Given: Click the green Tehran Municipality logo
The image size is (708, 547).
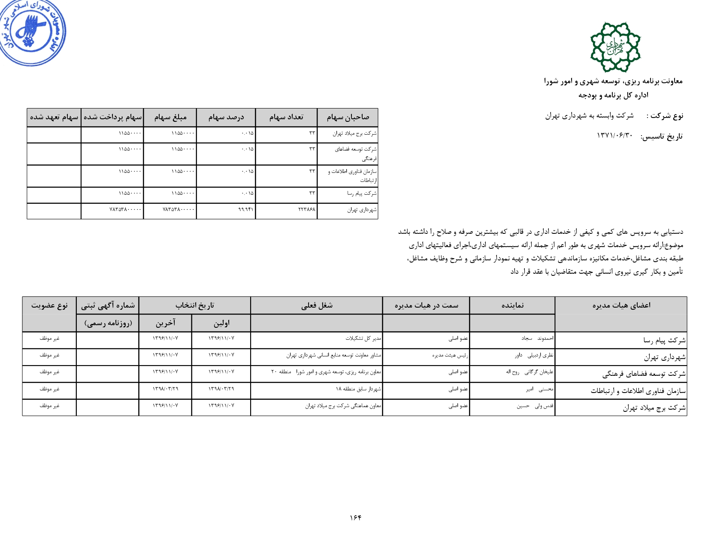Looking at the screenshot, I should click(x=615, y=47).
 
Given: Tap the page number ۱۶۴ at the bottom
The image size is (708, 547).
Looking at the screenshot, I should click(x=355, y=517).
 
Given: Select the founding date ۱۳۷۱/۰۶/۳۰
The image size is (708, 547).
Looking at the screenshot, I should click(x=614, y=136).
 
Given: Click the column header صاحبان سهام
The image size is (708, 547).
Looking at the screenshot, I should click(x=348, y=117).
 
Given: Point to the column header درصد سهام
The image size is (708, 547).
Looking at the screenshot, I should click(x=226, y=117).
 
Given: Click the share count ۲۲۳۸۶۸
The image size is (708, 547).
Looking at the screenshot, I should click(x=307, y=210).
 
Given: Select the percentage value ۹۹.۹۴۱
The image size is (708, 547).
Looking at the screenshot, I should click(x=246, y=210).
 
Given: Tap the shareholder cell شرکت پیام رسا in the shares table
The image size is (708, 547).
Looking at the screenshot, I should click(x=362, y=193).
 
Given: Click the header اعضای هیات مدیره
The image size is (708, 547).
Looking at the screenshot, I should click(x=621, y=305).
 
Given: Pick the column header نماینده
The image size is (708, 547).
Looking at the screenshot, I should click(x=512, y=305).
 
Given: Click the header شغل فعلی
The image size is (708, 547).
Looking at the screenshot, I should click(x=317, y=305).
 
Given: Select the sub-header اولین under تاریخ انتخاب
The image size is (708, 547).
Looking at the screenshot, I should click(x=221, y=323).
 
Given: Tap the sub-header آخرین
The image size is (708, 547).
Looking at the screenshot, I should click(x=165, y=323).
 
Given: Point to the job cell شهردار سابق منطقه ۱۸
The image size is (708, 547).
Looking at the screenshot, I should click(x=358, y=389).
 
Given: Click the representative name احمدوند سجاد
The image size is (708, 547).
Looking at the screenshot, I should click(x=537, y=338).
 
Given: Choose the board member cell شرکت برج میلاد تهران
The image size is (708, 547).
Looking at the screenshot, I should click(x=654, y=408).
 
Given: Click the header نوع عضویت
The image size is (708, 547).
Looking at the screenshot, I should click(x=49, y=305).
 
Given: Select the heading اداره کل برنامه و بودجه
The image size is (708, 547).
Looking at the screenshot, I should click(x=613, y=95).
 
